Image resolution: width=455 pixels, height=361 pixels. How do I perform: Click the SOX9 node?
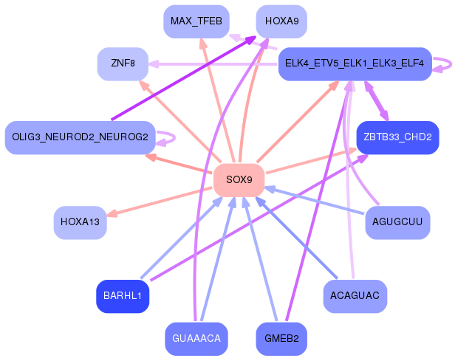[x=239, y=179]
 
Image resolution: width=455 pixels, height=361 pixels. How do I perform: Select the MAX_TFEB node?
[x=196, y=21]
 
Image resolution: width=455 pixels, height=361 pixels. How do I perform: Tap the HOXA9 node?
[x=281, y=21]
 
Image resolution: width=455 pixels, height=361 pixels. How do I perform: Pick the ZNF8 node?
[x=123, y=63]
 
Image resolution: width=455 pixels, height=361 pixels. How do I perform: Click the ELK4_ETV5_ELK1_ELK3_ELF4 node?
[x=354, y=63]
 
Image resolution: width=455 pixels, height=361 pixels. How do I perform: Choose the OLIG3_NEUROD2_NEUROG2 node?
[x=80, y=137]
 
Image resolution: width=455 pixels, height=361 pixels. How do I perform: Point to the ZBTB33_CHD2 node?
[x=397, y=137]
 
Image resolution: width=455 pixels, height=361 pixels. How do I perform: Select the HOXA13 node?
[x=81, y=222]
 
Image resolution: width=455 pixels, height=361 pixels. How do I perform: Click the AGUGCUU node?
[x=397, y=222]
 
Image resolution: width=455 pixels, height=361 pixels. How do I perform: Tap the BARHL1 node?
[x=123, y=296]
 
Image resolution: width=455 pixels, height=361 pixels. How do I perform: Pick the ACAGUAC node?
[x=355, y=296]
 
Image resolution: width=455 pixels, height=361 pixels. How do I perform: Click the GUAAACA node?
[x=196, y=339]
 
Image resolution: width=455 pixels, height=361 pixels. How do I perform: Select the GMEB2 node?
[x=281, y=339]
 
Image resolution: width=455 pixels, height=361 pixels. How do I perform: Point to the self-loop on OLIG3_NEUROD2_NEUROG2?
[x=169, y=137]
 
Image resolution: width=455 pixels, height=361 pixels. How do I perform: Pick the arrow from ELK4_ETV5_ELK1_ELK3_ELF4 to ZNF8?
[x=214, y=63]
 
